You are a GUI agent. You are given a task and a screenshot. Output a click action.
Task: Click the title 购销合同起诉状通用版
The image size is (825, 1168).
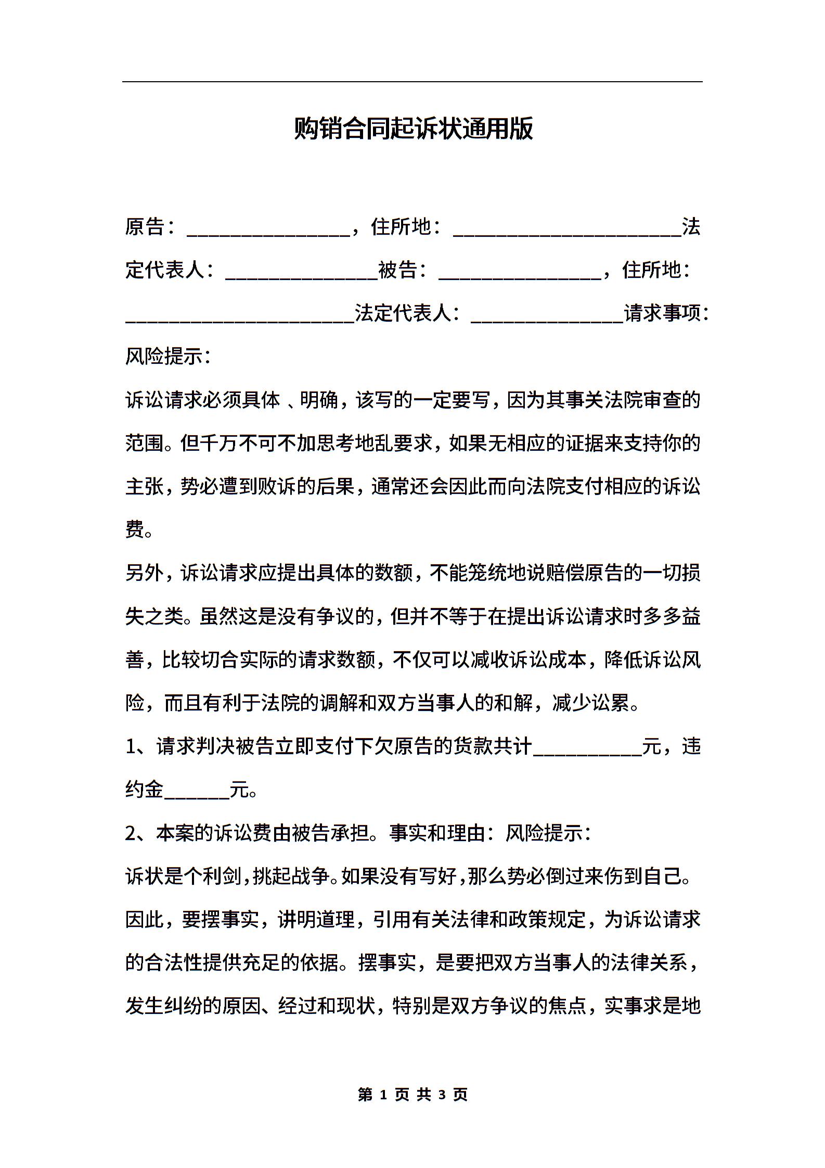[413, 129]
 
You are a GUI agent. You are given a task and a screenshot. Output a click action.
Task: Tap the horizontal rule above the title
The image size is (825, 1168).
[412, 82]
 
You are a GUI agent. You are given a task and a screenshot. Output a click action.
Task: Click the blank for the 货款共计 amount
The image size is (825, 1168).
[587, 747]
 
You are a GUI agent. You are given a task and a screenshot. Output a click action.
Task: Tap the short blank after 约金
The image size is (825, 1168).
[197, 791]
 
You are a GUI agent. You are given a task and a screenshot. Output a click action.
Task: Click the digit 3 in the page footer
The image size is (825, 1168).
[443, 1095]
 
